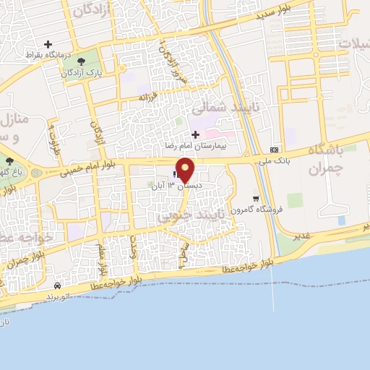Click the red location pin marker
pyautogui.click(x=186, y=170)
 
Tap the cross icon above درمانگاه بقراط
pyautogui.click(x=48, y=44)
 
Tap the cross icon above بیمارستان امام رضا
pyautogui.click(x=195, y=134)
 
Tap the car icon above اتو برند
pyautogui.click(x=57, y=285)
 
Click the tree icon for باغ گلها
pyautogui.click(x=9, y=161)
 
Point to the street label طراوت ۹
pyautogui.click(x=53, y=134)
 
